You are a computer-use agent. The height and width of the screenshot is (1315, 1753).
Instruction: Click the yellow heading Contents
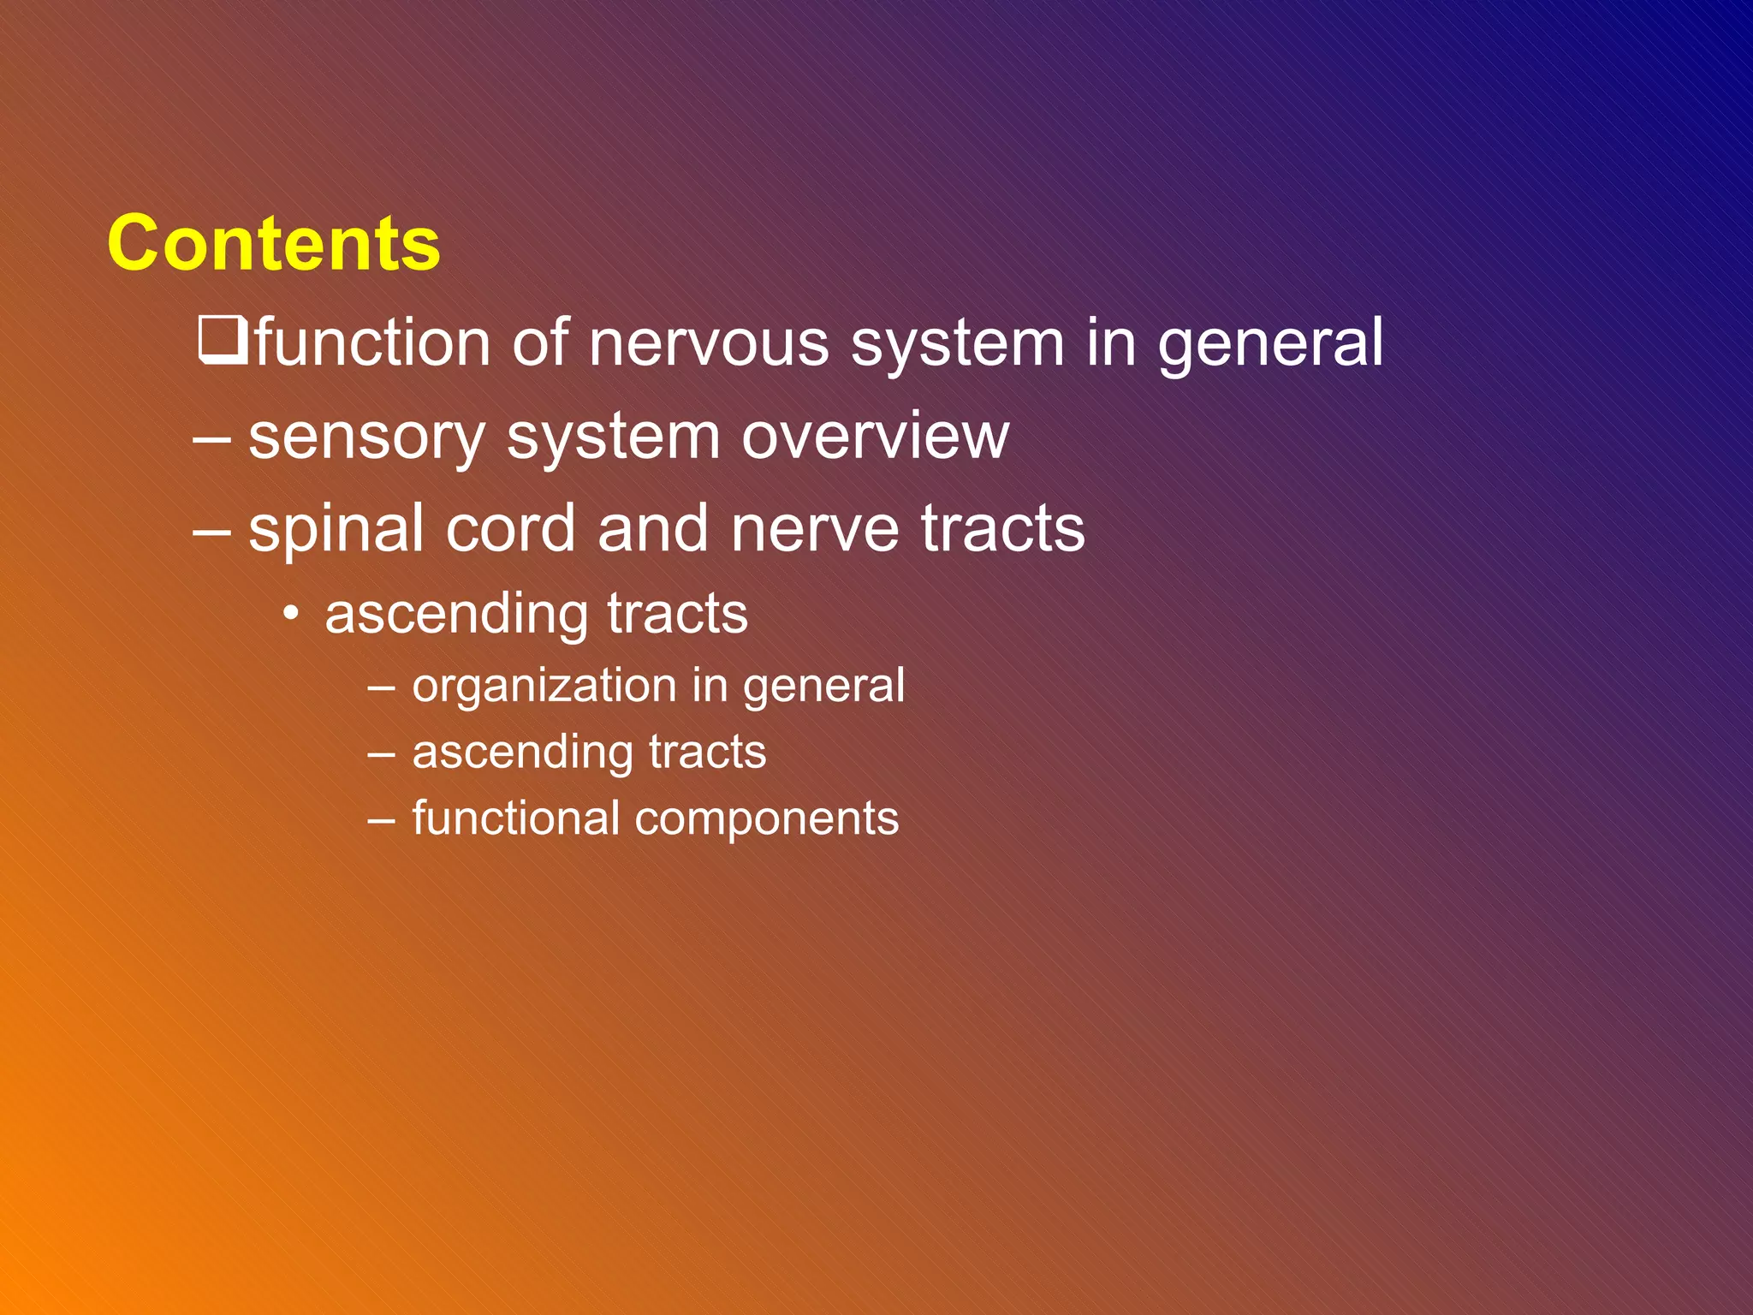274,244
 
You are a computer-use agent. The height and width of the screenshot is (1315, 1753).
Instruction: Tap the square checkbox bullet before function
223,340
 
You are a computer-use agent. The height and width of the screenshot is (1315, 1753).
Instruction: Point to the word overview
875,437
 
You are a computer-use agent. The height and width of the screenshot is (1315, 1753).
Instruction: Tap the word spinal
336,530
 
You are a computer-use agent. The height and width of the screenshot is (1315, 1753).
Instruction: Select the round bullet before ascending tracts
292,614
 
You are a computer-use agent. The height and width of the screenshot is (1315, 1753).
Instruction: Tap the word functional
515,818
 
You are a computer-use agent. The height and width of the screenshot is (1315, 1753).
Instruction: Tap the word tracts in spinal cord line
1002,528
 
